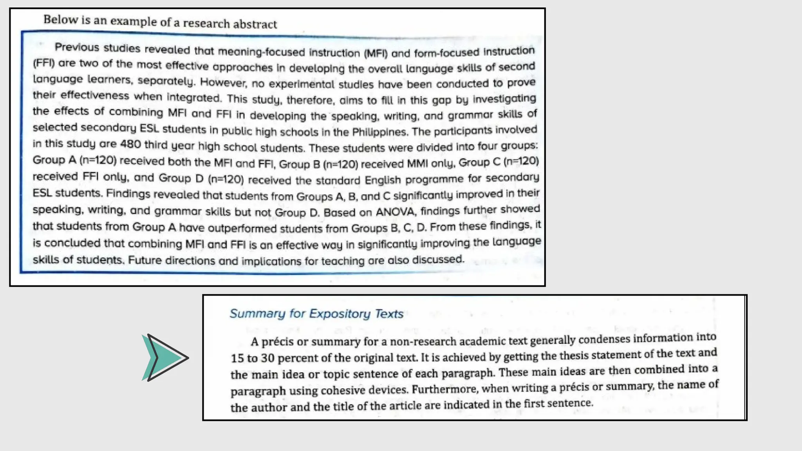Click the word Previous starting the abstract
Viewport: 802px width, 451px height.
point(77,48)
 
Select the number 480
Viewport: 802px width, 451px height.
point(130,144)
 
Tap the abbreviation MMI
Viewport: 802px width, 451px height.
point(417,163)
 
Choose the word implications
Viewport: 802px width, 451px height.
point(271,261)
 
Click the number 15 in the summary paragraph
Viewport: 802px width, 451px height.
point(237,358)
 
